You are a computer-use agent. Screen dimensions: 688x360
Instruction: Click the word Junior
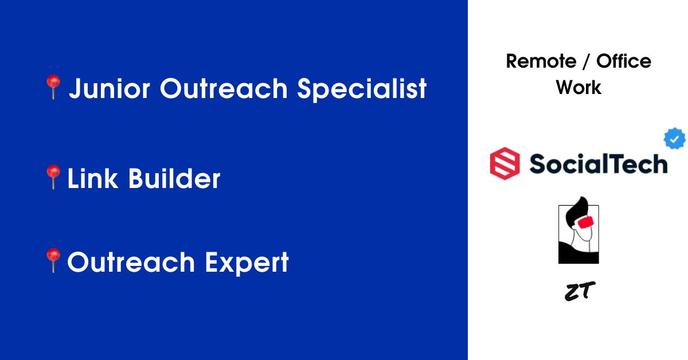(110, 88)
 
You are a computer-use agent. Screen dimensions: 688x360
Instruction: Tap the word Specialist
(362, 89)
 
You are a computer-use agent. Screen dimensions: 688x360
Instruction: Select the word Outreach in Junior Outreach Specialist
(224, 88)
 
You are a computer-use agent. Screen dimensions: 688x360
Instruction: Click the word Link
(92, 178)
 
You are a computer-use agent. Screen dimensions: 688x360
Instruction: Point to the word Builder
(174, 178)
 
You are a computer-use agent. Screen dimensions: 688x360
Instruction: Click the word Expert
(247, 263)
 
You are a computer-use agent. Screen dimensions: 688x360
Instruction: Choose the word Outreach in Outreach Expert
(131, 262)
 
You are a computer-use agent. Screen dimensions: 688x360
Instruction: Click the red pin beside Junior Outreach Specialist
(53, 87)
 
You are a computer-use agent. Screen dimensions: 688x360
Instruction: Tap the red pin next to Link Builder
(53, 177)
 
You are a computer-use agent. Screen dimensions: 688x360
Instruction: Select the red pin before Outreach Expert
(53, 260)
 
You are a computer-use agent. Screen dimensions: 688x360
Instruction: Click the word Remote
(541, 61)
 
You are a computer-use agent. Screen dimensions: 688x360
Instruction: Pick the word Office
(624, 61)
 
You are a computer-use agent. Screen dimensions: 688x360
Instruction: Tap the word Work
(578, 88)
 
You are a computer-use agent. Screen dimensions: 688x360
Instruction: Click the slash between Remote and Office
(586, 61)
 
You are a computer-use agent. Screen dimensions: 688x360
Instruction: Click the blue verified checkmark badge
(674, 139)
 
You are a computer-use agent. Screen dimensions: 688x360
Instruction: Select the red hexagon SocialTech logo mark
(505, 163)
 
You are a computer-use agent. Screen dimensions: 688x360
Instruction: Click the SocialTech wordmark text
(599, 164)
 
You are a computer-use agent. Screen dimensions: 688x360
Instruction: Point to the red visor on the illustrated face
(586, 222)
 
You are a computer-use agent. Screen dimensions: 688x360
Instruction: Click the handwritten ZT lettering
(580, 291)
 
